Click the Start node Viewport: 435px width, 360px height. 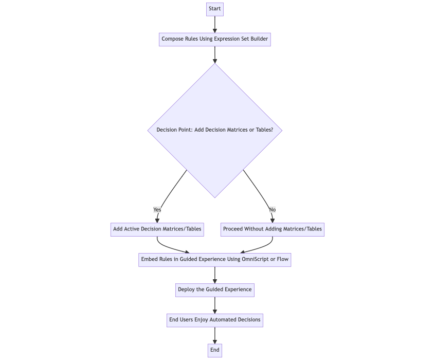(214, 9)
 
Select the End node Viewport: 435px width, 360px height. (214, 350)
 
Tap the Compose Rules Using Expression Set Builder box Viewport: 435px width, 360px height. (214, 39)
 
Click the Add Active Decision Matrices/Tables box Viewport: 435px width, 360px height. (157, 229)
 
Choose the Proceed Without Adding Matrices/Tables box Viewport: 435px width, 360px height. (273, 229)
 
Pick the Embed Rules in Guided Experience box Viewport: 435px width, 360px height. (214, 260)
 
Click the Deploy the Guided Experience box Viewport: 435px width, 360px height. (214, 290)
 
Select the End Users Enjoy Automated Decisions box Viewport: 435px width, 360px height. (214, 320)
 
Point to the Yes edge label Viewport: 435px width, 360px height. (157, 210)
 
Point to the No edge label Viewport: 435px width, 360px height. (272, 210)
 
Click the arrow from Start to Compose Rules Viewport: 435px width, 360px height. (214, 24)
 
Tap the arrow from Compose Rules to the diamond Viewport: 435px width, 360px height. (214, 55)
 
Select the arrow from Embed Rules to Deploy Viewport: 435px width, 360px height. (214, 275)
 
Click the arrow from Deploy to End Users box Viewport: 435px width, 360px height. (214, 305)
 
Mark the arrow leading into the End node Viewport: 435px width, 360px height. (214, 335)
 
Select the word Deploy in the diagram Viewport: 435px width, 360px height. (186, 290)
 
